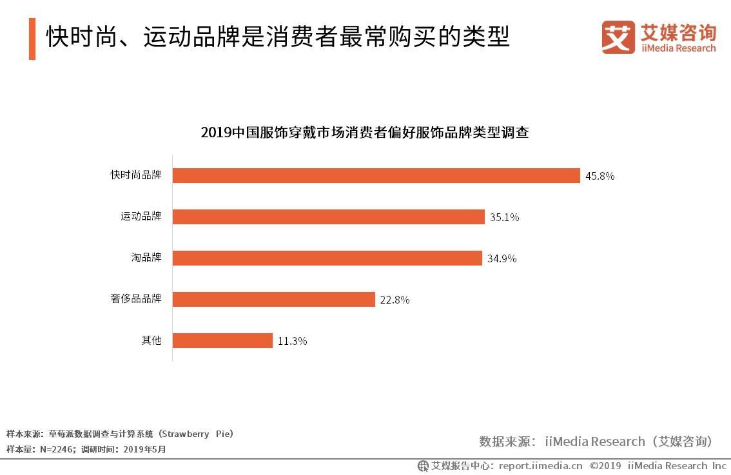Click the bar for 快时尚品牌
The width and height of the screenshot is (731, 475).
point(376,175)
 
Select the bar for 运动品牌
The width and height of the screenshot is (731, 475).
point(329,217)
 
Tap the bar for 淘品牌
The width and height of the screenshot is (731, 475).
point(327,258)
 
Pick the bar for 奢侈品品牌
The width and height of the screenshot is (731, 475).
point(274,299)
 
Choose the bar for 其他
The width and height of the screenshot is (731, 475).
point(223,340)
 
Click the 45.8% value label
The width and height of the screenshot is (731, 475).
point(599,175)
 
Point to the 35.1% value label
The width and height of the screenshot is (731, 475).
point(504,217)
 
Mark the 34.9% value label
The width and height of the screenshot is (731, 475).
point(502,258)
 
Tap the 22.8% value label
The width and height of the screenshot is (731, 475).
point(395,300)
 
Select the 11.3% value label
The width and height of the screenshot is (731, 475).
point(292,341)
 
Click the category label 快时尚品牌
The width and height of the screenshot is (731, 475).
point(136,175)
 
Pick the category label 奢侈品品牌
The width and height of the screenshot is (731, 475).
point(136,298)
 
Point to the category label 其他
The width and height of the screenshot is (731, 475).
point(151,340)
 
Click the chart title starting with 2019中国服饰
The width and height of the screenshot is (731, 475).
point(365,133)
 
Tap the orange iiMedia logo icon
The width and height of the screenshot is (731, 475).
point(618,37)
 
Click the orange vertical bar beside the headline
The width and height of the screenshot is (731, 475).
point(32,39)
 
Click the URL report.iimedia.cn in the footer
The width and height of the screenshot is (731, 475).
point(540,465)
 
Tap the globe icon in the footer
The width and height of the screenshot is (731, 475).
point(423,465)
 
